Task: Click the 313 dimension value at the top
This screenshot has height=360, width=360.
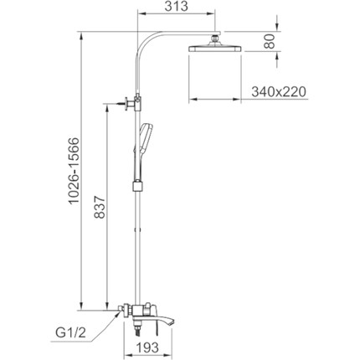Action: [x=176, y=7]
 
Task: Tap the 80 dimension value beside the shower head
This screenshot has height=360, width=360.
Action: [x=270, y=41]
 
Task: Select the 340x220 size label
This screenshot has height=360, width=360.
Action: [x=279, y=92]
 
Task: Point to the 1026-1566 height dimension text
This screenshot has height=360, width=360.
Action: [x=75, y=171]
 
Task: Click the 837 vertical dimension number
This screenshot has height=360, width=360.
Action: [x=99, y=207]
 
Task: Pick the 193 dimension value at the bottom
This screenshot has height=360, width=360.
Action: [x=147, y=347]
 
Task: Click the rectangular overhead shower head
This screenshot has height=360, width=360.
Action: [x=214, y=49]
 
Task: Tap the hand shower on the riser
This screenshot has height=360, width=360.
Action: [x=145, y=138]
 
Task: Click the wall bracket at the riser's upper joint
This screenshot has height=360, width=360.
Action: [x=133, y=102]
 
